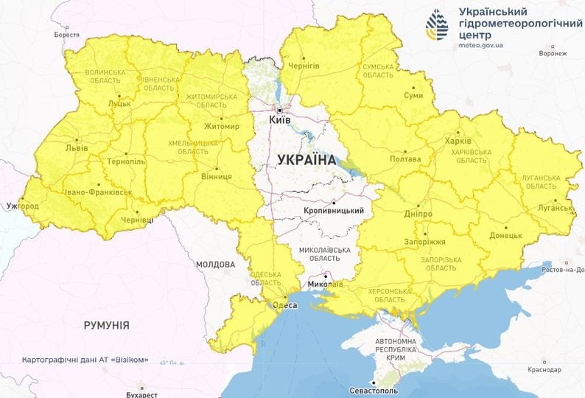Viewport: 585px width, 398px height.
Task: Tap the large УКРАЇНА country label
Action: (306, 159)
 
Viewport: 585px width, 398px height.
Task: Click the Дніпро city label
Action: (417, 214)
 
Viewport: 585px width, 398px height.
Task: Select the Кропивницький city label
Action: (334, 211)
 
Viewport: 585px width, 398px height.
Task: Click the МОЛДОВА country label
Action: (215, 264)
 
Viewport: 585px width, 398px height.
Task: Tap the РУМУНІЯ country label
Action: (106, 325)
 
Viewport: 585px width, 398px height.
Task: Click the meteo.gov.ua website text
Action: (480, 45)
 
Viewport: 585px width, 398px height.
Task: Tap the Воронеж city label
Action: (553, 54)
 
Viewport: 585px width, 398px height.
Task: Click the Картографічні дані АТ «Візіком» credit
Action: (85, 360)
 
